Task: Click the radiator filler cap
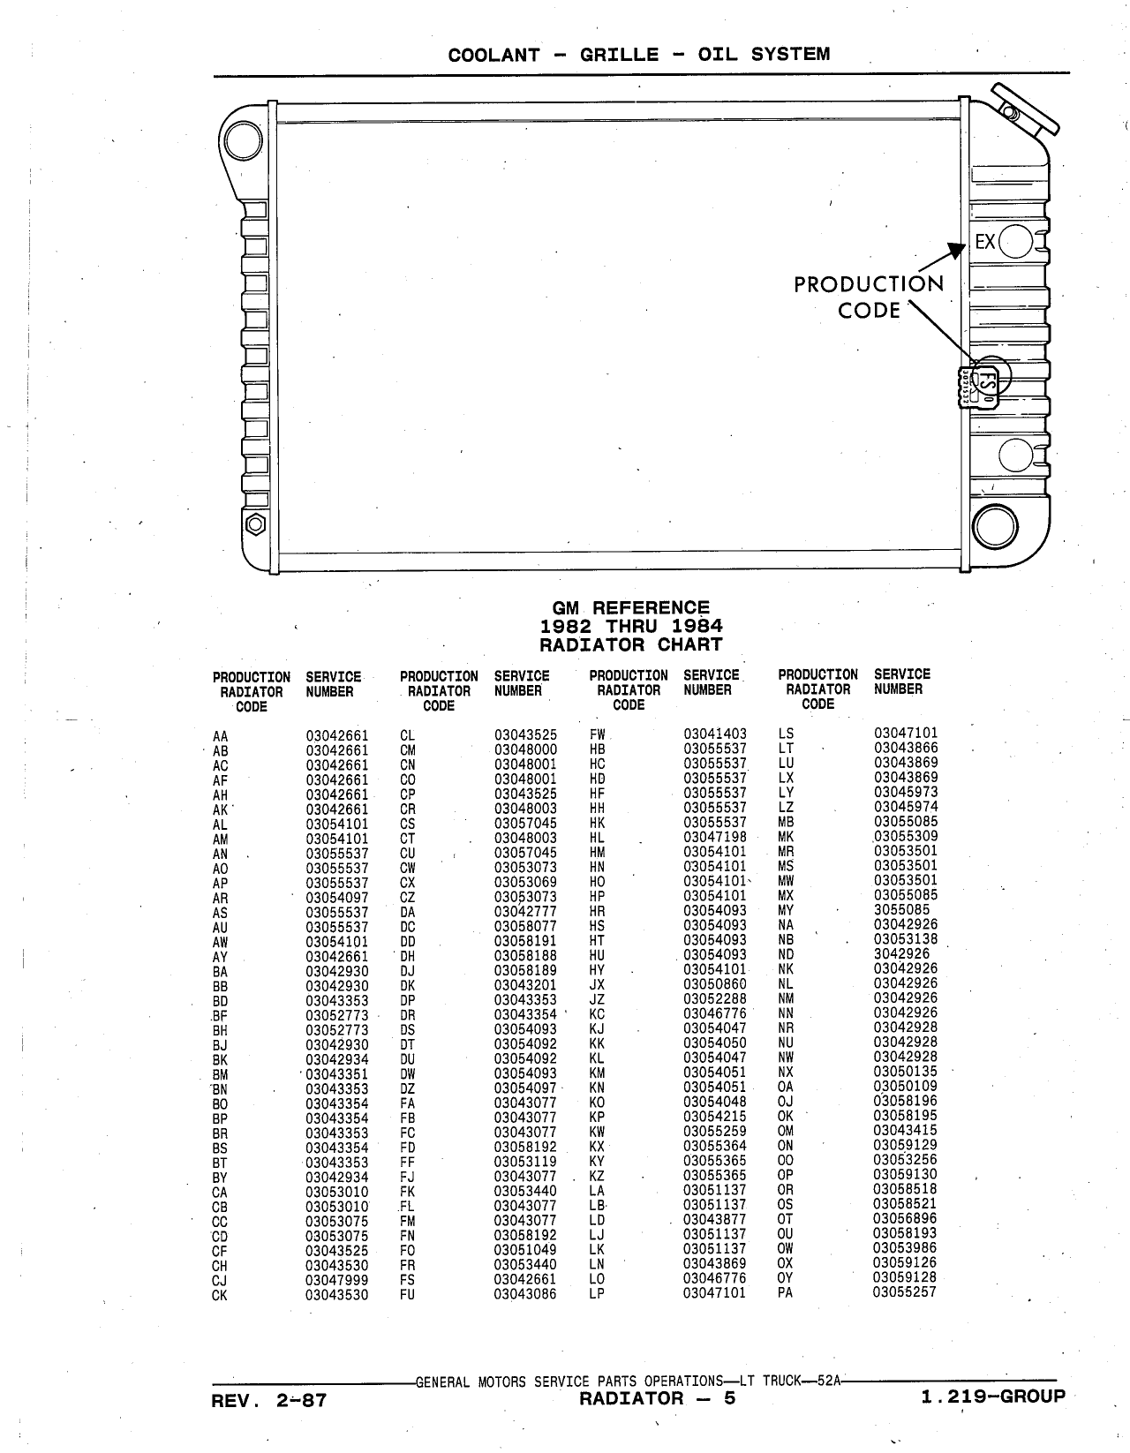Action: [1025, 109]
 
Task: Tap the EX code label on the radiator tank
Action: [985, 241]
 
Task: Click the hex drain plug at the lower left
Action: [255, 523]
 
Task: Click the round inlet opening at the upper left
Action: [244, 141]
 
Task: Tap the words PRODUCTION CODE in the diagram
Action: [869, 297]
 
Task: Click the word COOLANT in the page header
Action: [493, 55]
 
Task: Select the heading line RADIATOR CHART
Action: [630, 644]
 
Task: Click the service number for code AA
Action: [337, 735]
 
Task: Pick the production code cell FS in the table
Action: [407, 1280]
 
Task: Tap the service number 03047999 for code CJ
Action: [337, 1280]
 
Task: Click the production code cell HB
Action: [597, 749]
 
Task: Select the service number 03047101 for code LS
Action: [906, 733]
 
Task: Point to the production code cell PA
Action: [785, 1291]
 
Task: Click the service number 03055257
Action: [905, 1291]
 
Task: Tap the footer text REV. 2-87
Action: [268, 1399]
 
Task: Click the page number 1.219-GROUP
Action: [993, 1397]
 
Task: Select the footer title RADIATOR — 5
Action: [658, 1398]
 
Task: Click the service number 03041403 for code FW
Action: [715, 734]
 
